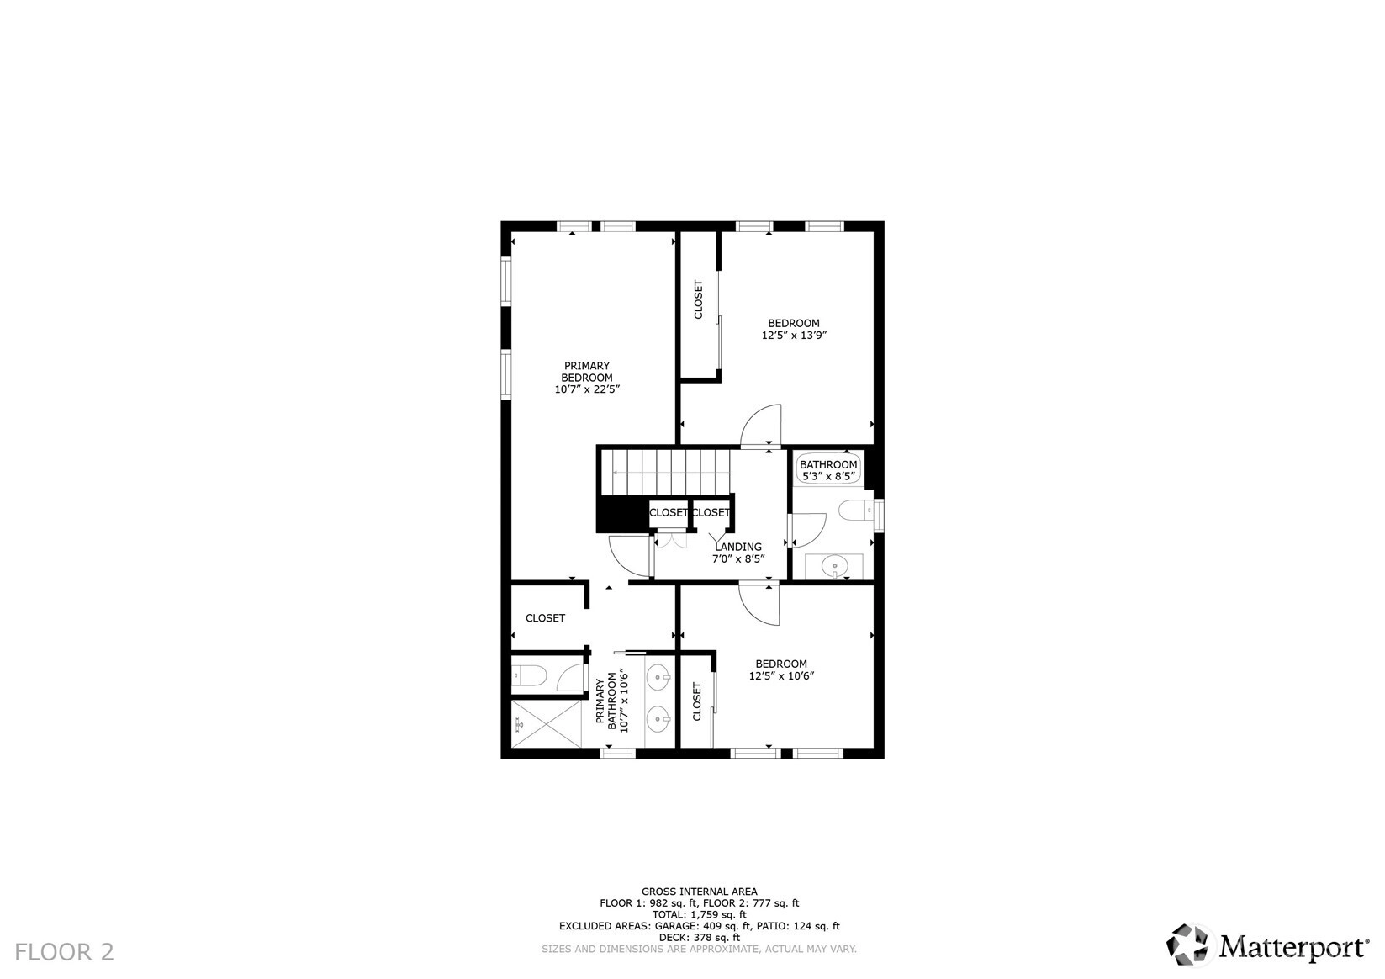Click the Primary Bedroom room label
click(587, 372)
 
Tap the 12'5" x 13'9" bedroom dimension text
click(794, 336)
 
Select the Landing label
click(738, 547)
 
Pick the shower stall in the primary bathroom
click(547, 723)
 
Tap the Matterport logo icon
click(1187, 945)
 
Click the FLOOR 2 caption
click(64, 952)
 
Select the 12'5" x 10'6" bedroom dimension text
click(781, 676)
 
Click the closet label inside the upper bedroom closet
click(699, 300)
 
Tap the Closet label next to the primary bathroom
click(546, 618)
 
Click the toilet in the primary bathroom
click(529, 675)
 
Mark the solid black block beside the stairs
click(622, 514)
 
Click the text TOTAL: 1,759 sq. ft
click(700, 914)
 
